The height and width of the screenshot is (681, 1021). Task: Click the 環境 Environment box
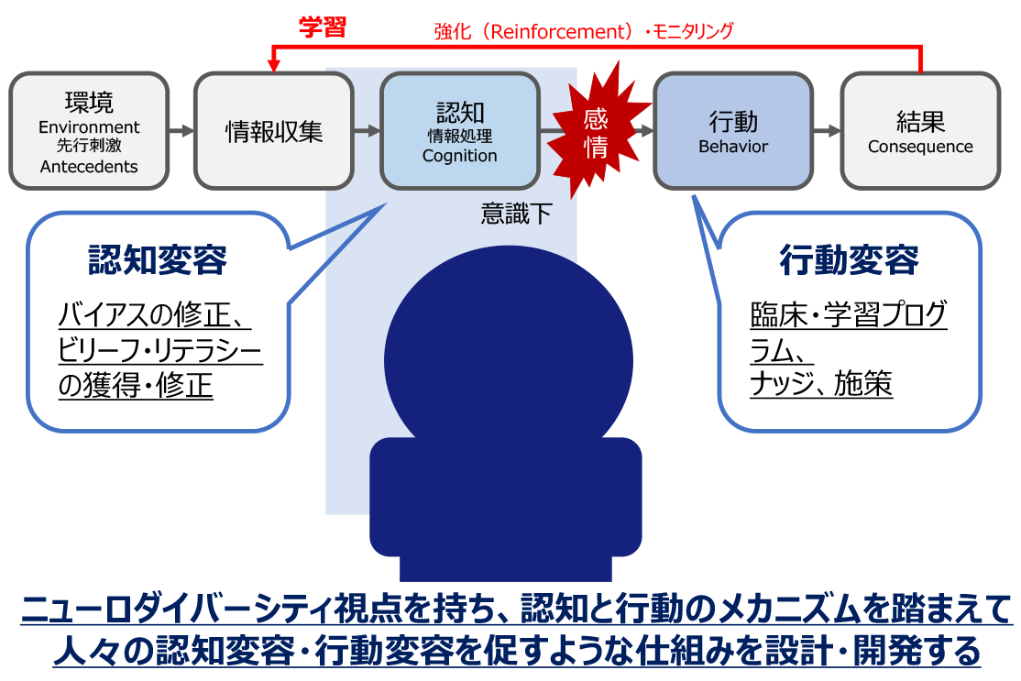(x=89, y=131)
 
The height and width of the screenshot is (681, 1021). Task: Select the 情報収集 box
(x=274, y=131)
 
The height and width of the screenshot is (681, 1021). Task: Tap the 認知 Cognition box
(x=459, y=131)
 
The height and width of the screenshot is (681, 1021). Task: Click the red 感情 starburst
(x=595, y=130)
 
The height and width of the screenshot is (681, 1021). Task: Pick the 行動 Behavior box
(x=733, y=131)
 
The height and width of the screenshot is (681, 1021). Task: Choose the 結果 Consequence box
(x=920, y=131)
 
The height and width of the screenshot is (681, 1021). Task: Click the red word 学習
(x=322, y=27)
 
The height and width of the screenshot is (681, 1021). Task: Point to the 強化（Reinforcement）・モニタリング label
(x=584, y=31)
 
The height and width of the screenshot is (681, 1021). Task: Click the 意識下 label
(x=517, y=214)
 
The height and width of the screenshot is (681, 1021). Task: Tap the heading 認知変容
(x=158, y=261)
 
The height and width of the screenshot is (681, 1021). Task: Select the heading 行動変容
(x=849, y=261)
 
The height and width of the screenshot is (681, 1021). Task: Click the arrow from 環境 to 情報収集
(x=181, y=131)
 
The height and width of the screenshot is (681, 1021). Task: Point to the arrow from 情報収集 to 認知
(x=367, y=131)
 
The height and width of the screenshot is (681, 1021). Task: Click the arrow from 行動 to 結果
(x=827, y=131)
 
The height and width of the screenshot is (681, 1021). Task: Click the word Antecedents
(x=89, y=167)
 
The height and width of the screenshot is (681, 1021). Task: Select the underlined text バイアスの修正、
(x=154, y=316)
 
